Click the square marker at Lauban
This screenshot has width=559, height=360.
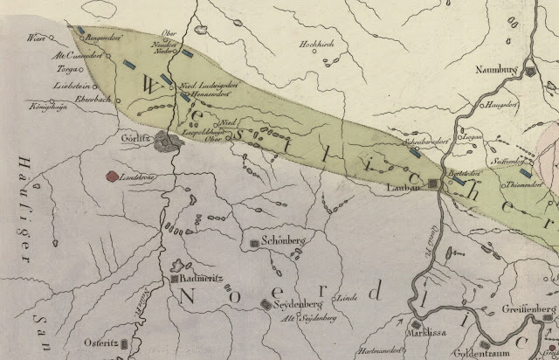click(x=433, y=183)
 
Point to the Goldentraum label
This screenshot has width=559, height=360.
click(x=477, y=354)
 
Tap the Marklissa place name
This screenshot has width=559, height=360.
click(x=437, y=331)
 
